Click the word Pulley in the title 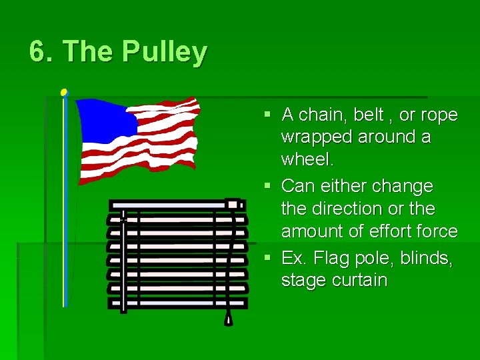tap(164, 52)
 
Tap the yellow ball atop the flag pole tap(64, 92)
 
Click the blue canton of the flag tap(107, 121)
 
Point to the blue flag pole tap(65, 200)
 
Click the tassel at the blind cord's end tap(229, 319)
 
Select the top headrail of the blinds tap(177, 205)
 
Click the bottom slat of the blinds tap(177, 303)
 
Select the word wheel tap(307, 160)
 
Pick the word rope tap(439, 115)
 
